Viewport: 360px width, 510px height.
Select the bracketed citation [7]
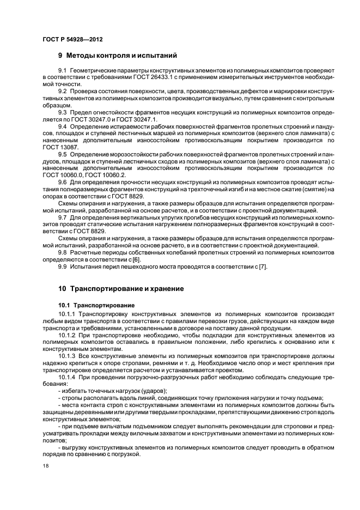pos(263,266)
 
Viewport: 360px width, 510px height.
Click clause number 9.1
pos(62,71)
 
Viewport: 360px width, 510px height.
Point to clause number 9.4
pos(62,126)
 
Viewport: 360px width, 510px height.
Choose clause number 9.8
pos(62,252)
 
